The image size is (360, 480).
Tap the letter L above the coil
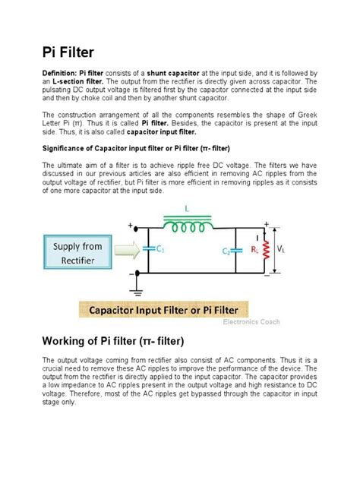click(x=187, y=210)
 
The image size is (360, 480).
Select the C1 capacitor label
click(x=158, y=248)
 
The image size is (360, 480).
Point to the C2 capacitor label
click(x=226, y=251)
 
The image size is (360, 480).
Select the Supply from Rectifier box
click(x=78, y=254)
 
